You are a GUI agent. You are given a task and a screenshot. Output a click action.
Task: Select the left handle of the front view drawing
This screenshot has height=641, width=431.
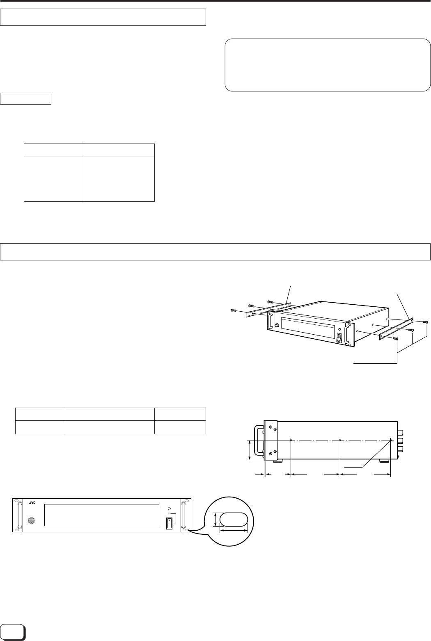[x=18, y=515]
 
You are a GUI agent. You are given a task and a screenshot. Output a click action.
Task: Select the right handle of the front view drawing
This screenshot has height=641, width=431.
[x=184, y=515]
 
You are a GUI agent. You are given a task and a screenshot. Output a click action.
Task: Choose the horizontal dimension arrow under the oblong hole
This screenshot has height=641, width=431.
[x=234, y=530]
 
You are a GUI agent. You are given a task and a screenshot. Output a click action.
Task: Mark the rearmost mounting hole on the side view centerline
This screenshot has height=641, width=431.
[x=390, y=440]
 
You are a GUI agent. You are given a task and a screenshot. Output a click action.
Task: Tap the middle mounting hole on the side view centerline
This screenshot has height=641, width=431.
[x=340, y=440]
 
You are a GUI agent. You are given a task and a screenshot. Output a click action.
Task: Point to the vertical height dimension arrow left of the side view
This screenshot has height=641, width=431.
[x=250, y=450]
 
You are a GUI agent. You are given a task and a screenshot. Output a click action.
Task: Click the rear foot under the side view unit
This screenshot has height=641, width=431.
[x=385, y=461]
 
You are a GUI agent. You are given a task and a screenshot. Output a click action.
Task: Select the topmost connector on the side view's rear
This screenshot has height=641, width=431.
[x=401, y=432]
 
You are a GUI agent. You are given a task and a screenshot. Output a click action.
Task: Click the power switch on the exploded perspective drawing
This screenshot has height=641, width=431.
[x=339, y=338]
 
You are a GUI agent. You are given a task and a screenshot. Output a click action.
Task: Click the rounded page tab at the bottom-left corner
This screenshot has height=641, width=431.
[x=13, y=632]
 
